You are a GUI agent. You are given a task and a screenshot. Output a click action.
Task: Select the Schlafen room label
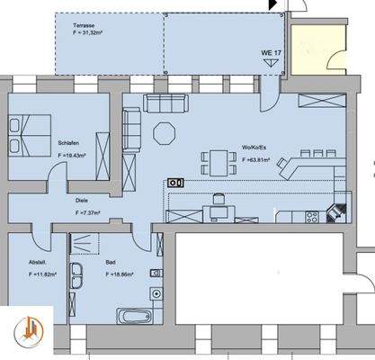pos(69,143)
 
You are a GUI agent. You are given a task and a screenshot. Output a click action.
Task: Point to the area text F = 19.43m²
pos(73,154)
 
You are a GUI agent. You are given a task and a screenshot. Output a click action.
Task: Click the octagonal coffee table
pos(165,133)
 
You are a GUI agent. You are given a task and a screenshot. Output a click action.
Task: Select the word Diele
pos(81,203)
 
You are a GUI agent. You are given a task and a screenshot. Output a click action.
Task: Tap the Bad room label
pos(110,263)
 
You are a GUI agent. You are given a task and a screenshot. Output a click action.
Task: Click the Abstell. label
pos(37,263)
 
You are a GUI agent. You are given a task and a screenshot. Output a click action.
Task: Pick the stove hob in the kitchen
pos(313,216)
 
